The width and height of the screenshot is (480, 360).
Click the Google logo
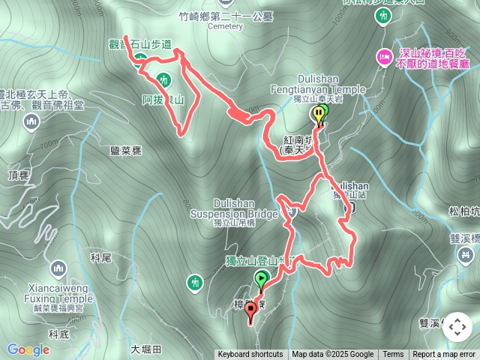[x=28, y=349]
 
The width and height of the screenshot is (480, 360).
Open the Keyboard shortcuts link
[x=250, y=355]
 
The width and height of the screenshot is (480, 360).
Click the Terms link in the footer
[x=393, y=355]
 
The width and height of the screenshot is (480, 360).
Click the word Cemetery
[x=224, y=26]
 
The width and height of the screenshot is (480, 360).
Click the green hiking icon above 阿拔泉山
[x=164, y=79]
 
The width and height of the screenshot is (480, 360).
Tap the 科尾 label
[x=100, y=257]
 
